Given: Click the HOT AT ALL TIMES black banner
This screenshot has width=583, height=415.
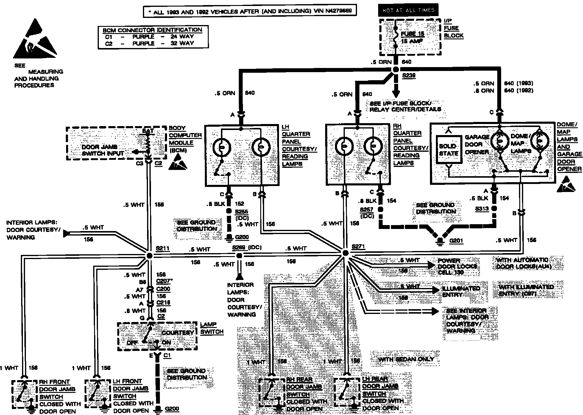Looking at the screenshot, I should pyautogui.click(x=408, y=10).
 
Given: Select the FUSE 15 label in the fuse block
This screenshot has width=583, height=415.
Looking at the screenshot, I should pyautogui.click(x=412, y=34).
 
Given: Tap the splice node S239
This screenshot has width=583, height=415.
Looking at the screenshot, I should pyautogui.click(x=396, y=69).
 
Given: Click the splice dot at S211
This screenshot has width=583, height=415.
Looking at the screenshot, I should pyautogui.click(x=149, y=256).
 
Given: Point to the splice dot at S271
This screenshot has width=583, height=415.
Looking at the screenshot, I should pyautogui.click(x=345, y=253).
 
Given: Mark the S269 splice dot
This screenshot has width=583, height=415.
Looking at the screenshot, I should pyautogui.click(x=239, y=255).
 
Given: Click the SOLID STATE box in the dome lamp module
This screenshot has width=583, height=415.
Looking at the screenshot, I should pyautogui.click(x=449, y=150).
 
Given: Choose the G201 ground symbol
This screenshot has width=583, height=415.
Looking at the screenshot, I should pyautogui.click(x=439, y=241).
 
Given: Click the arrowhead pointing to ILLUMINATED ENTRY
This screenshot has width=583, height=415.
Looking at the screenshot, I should pyautogui.click(x=436, y=289).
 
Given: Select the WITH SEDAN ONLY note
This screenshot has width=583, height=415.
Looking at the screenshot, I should pyautogui.click(x=406, y=359).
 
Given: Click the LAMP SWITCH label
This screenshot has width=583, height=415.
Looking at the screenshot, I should pyautogui.click(x=212, y=328).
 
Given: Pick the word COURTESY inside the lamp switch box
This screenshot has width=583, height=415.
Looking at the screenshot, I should pyautogui.click(x=178, y=333).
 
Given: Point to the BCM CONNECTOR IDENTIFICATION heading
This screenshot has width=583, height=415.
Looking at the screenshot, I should pyautogui.click(x=152, y=30).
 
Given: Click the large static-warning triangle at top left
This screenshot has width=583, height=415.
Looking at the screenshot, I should pyautogui.click(x=35, y=39).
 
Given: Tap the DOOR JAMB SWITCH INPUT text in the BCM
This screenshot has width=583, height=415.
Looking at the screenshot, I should pyautogui.click(x=103, y=150).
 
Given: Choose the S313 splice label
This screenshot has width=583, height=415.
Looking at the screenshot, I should pyautogui.click(x=482, y=208).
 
